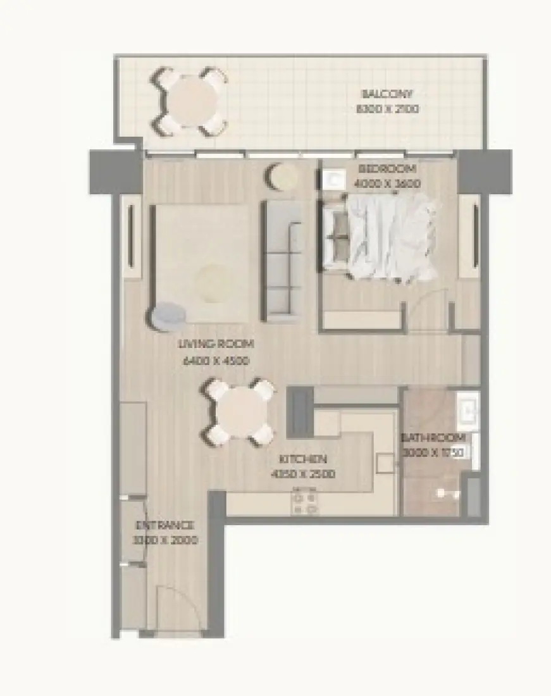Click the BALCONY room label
[387, 94]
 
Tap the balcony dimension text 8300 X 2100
[387, 109]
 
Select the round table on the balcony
[189, 101]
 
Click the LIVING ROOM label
[216, 345]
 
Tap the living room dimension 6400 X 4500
[216, 361]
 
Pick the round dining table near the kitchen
[238, 412]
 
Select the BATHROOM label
[434, 438]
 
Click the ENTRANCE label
[165, 526]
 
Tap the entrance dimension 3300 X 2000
[165, 540]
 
